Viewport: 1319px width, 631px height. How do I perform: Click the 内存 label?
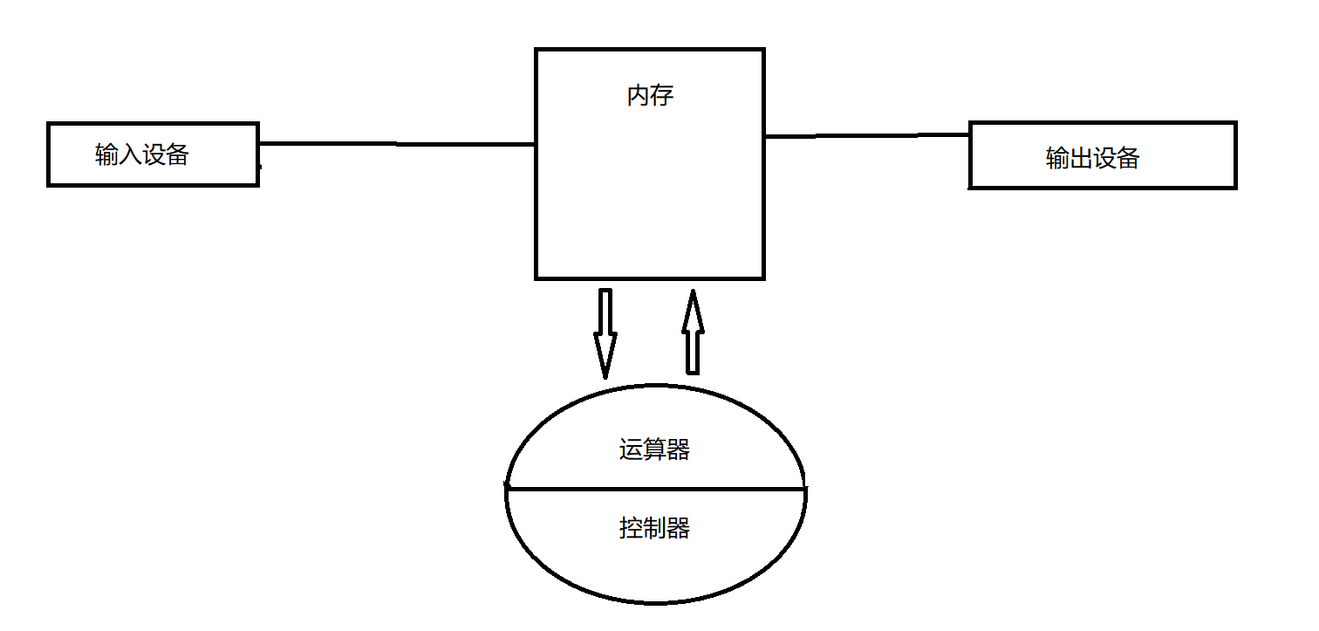[650, 95]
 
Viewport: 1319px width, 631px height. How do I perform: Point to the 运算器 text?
[654, 450]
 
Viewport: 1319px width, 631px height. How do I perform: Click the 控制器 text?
[654, 528]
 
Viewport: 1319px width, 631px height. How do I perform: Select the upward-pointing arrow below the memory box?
[692, 332]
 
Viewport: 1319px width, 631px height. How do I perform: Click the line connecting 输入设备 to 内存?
[397, 143]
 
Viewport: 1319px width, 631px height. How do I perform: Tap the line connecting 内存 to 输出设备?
[866, 135]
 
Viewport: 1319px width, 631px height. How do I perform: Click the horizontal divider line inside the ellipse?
[654, 490]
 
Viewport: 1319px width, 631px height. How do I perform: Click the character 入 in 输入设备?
[130, 155]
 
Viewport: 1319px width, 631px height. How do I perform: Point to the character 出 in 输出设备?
[1081, 158]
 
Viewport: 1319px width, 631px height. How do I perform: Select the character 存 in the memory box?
[662, 95]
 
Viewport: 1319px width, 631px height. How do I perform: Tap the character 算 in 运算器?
[654, 450]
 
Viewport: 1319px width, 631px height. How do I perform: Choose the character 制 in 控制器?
[654, 528]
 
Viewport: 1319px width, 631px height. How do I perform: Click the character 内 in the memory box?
[639, 95]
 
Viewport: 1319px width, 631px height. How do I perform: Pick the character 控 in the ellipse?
[631, 528]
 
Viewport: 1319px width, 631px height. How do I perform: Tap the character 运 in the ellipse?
[631, 450]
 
